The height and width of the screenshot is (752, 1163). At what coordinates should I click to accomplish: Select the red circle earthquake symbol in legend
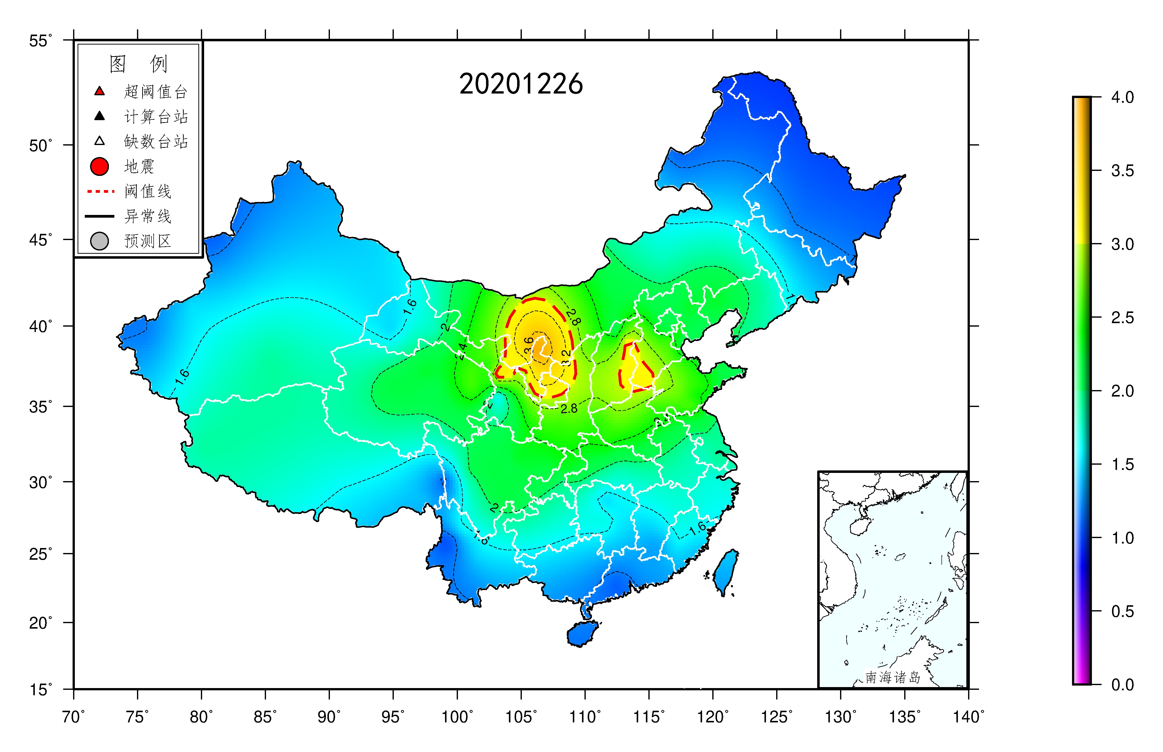click(99, 166)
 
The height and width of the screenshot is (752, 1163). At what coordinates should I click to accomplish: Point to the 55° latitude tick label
click(40, 41)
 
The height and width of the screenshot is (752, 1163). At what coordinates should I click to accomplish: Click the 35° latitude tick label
click(40, 406)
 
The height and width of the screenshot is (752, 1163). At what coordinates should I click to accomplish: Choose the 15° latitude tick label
click(40, 690)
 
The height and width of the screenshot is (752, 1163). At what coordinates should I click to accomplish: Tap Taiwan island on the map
click(726, 571)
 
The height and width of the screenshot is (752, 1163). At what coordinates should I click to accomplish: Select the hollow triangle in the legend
click(99, 141)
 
